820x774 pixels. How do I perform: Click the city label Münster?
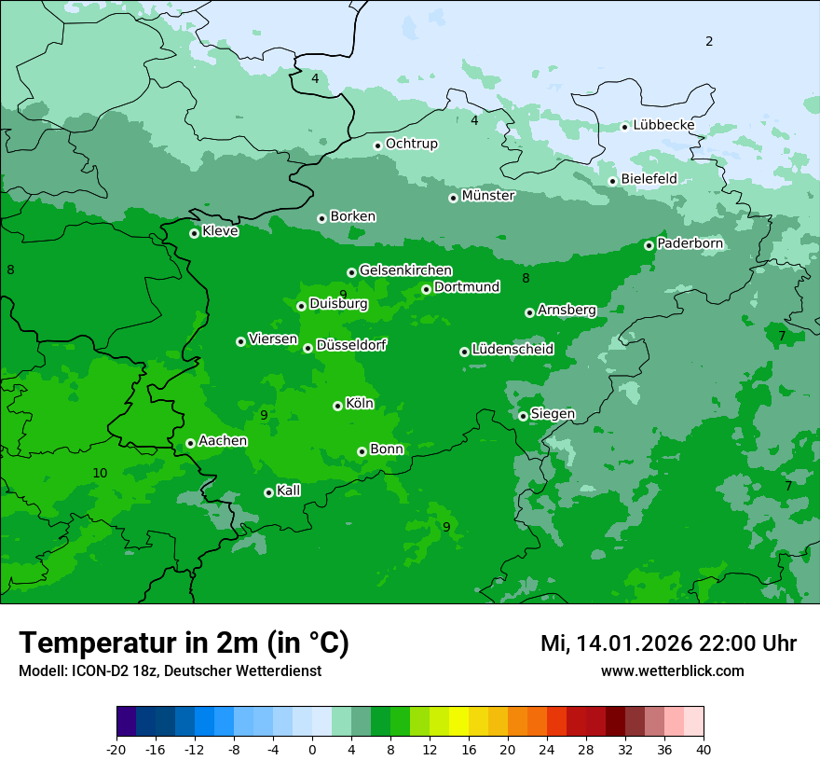coord(488,196)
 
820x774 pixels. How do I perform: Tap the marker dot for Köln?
coord(337,406)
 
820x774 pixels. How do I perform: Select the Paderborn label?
coord(690,243)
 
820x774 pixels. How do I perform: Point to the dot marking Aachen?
coord(190,443)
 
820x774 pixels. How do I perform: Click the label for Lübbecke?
coord(663,125)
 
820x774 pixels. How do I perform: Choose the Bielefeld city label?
coord(649,179)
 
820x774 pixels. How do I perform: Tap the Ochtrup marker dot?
coord(377,145)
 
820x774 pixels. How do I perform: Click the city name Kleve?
coord(220,231)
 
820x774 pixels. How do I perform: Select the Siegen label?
coord(553,414)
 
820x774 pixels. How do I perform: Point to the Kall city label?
coord(289,491)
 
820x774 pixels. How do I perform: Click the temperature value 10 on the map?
coord(100,473)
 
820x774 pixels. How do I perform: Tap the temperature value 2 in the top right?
coord(709,41)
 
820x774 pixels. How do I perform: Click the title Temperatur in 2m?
coord(184,643)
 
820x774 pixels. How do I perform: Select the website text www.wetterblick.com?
coord(672,671)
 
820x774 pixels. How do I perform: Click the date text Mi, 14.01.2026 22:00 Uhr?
coord(668,643)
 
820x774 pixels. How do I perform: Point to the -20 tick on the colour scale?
coord(116,749)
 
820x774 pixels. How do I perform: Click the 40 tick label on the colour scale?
coord(704,749)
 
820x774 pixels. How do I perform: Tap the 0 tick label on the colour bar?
coord(312,749)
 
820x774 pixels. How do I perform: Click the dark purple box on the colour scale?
coord(126,722)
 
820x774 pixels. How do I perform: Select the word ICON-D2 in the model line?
coord(92,671)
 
